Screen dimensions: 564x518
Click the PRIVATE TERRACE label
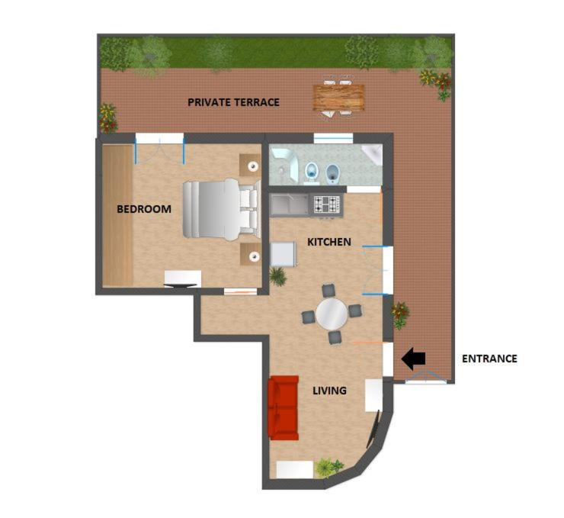pyautogui.click(x=233, y=102)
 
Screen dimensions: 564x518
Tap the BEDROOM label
pyautogui.click(x=144, y=209)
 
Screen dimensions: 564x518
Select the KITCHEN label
pyautogui.click(x=329, y=242)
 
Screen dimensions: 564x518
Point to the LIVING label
pyautogui.click(x=329, y=390)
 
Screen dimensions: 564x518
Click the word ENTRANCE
pyautogui.click(x=489, y=359)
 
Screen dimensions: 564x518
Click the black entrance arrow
pyautogui.click(x=413, y=359)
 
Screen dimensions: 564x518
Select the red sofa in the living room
pyautogui.click(x=284, y=408)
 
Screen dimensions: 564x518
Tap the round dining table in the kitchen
pyautogui.click(x=332, y=314)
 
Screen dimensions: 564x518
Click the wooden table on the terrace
pyautogui.click(x=338, y=97)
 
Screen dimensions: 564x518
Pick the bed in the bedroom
pyautogui.click(x=222, y=209)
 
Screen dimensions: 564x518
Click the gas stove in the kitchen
pyautogui.click(x=327, y=204)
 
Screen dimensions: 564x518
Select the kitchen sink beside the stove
pyautogui.click(x=290, y=205)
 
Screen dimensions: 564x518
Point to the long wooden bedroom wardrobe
pyautogui.click(x=118, y=215)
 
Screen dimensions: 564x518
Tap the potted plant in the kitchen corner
pyautogui.click(x=277, y=276)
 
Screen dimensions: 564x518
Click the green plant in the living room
pyautogui.click(x=328, y=467)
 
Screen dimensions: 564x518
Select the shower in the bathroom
pyautogui.click(x=284, y=164)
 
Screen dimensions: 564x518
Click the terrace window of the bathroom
pyautogui.click(x=333, y=138)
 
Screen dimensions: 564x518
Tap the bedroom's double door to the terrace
pyautogui.click(x=159, y=148)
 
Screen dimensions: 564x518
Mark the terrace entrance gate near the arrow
pyautogui.click(x=426, y=377)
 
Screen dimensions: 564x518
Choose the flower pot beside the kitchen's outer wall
pyautogui.click(x=400, y=314)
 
